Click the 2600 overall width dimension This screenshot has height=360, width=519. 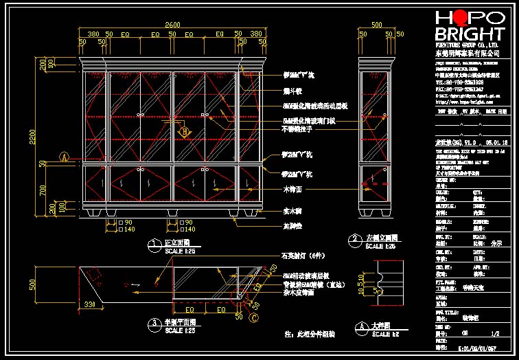coord(173,25)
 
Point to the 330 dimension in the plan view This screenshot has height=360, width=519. coord(89,303)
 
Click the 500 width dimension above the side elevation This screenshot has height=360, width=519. coord(376,25)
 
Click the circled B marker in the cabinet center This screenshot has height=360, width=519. coord(183,131)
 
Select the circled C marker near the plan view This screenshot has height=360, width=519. coord(255,317)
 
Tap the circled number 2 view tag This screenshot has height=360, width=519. coord(355,240)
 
